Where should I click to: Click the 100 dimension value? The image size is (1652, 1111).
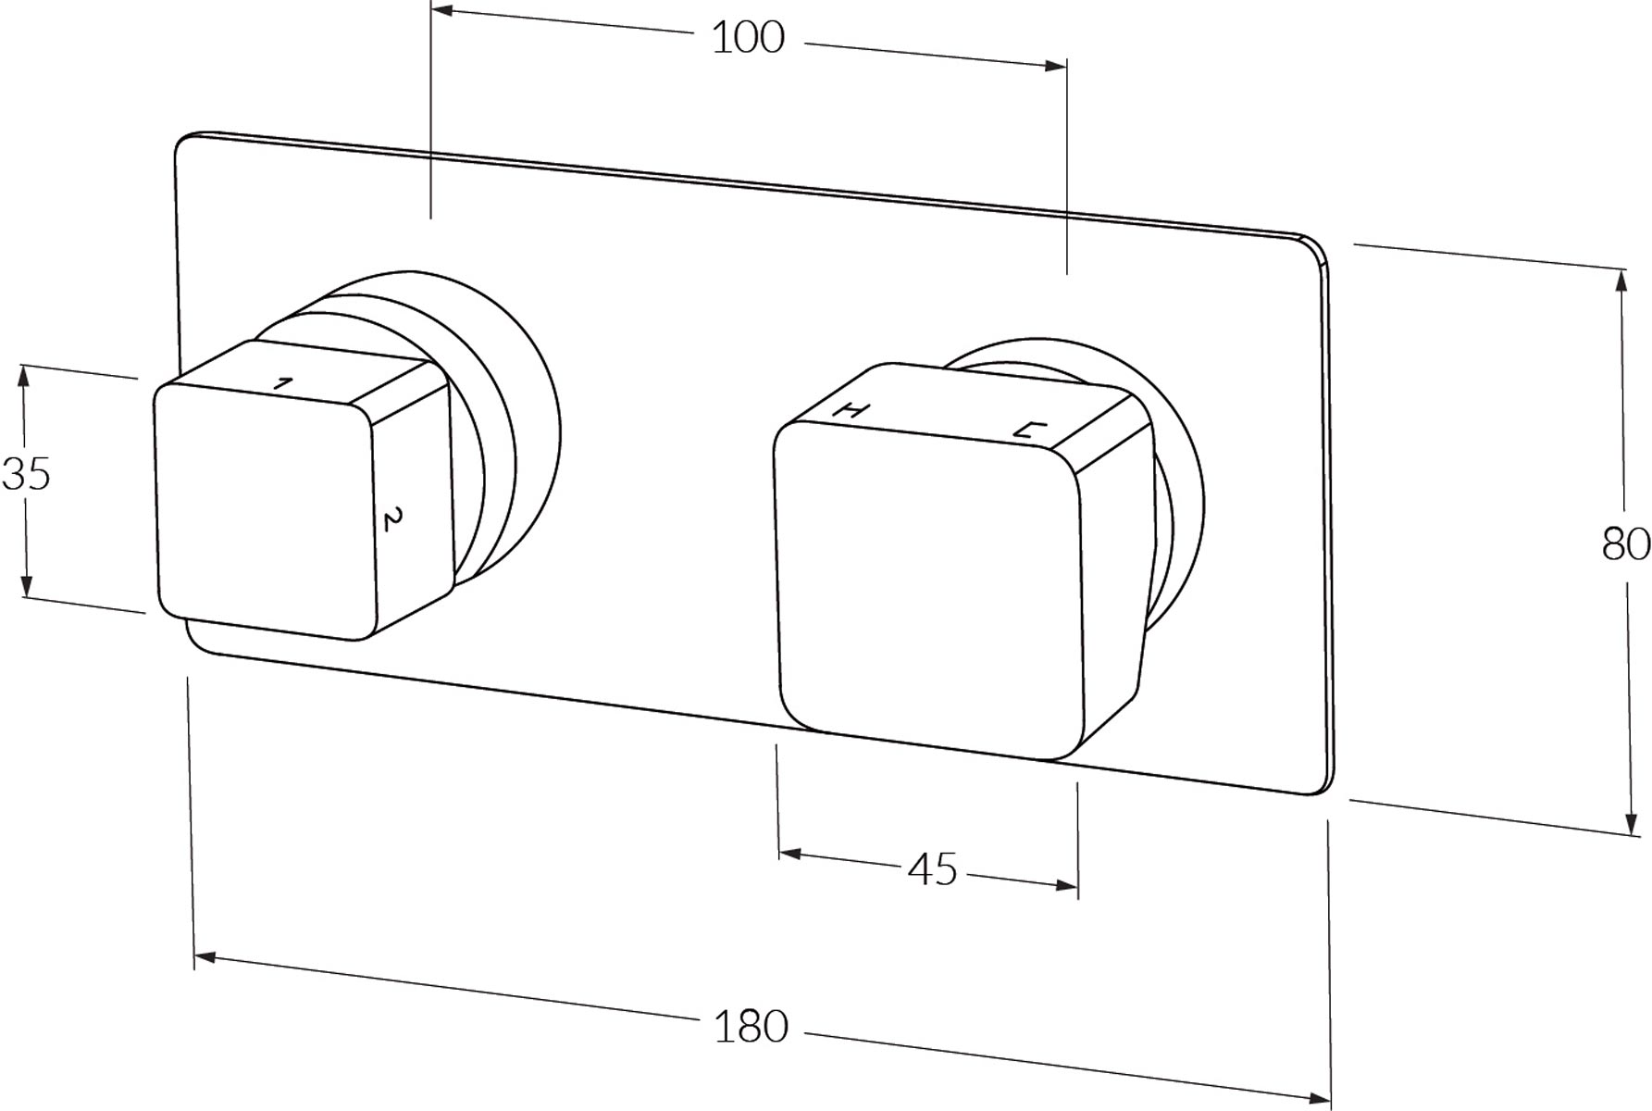pos(748,38)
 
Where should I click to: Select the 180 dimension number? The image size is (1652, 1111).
pos(751,1028)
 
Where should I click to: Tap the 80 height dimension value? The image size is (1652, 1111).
pos(1626,544)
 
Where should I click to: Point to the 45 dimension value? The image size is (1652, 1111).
pos(933,870)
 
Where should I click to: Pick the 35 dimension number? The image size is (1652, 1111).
pos(26,475)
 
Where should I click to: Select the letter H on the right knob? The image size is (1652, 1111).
pos(851,410)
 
